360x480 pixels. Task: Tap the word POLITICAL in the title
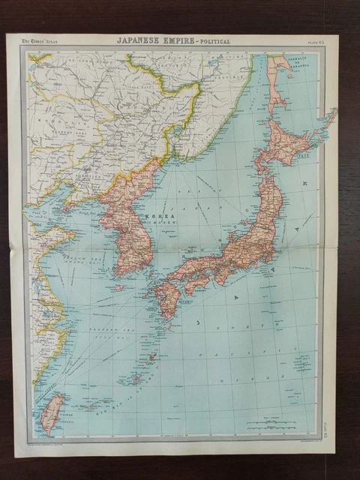click(x=211, y=40)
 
